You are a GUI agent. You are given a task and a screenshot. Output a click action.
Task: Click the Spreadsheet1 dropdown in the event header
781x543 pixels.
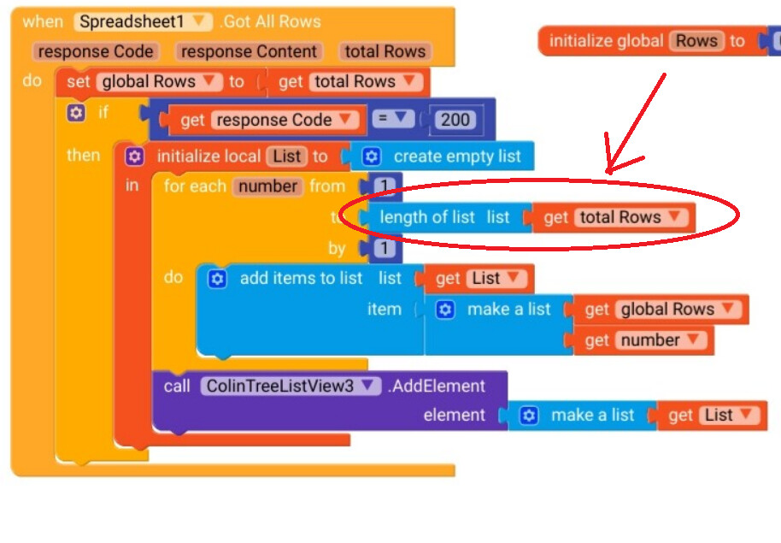tap(143, 21)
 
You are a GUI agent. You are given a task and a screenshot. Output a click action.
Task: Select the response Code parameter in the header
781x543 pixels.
tap(96, 51)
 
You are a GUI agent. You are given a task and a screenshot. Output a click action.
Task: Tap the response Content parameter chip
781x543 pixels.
tap(249, 51)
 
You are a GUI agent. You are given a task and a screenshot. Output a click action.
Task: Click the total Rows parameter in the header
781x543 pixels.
tap(385, 51)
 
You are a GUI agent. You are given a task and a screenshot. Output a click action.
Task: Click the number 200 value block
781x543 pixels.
tap(455, 120)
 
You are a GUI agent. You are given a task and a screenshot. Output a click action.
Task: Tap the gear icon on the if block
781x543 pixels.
tap(76, 113)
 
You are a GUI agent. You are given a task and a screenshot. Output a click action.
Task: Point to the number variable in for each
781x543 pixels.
tap(267, 186)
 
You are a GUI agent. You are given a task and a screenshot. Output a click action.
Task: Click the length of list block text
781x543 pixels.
tap(426, 217)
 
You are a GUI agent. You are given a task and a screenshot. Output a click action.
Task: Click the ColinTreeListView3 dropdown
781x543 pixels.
tap(291, 386)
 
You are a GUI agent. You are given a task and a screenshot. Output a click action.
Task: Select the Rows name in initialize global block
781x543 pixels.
tap(696, 41)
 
